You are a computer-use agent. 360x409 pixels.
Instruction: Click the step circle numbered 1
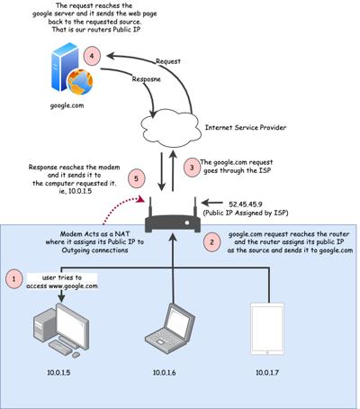pos(13,279)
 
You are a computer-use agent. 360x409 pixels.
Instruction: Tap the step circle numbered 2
pos(211,241)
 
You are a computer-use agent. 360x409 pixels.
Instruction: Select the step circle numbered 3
pos(192,168)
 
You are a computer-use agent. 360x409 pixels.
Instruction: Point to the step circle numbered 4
pos(92,56)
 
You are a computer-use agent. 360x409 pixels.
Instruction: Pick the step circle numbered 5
pos(136,179)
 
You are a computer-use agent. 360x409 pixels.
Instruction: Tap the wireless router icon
pos(173,214)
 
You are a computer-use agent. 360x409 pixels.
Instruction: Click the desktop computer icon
pos(60,330)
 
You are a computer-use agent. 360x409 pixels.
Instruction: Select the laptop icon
pos(170,328)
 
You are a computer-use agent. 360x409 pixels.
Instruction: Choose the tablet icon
pos(267,329)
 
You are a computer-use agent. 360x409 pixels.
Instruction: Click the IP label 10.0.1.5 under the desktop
pos(58,373)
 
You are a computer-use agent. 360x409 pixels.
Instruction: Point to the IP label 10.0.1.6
pos(165,373)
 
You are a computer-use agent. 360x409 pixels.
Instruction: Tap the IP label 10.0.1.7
pos(267,373)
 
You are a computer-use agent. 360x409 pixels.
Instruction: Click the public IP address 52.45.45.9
pos(246,204)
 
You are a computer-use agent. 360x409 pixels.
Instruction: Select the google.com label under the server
pos(67,105)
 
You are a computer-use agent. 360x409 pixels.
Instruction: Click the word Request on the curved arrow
pos(168,61)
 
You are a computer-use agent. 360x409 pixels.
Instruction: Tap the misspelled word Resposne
pos(147,79)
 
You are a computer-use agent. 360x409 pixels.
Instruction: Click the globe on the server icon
pos(80,82)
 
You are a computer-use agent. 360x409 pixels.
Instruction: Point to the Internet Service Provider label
pos(246,128)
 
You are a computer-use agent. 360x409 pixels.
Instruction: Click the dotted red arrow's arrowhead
pos(139,199)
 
